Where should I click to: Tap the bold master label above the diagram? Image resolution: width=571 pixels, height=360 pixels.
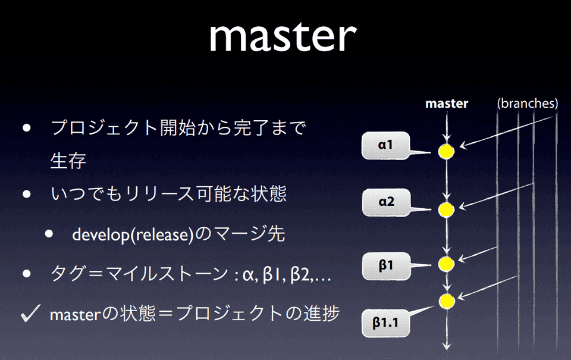(x=446, y=104)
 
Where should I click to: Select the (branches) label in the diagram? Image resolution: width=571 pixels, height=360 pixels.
(x=528, y=104)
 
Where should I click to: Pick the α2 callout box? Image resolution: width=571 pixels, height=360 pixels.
(x=386, y=202)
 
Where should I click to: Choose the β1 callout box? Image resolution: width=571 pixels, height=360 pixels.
(x=386, y=265)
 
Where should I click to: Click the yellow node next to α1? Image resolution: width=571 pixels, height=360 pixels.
(x=446, y=151)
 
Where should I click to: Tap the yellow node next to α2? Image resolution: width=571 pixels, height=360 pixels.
(x=446, y=209)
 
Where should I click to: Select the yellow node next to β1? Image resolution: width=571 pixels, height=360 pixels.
(x=446, y=264)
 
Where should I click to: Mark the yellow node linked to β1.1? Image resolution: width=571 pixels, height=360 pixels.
(x=446, y=301)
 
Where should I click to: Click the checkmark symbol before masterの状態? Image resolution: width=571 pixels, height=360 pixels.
(x=30, y=313)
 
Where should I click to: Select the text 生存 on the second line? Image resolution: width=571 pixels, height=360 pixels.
(x=68, y=161)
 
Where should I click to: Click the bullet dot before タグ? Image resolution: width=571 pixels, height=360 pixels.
(x=27, y=274)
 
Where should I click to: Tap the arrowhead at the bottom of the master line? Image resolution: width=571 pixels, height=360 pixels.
(x=446, y=347)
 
